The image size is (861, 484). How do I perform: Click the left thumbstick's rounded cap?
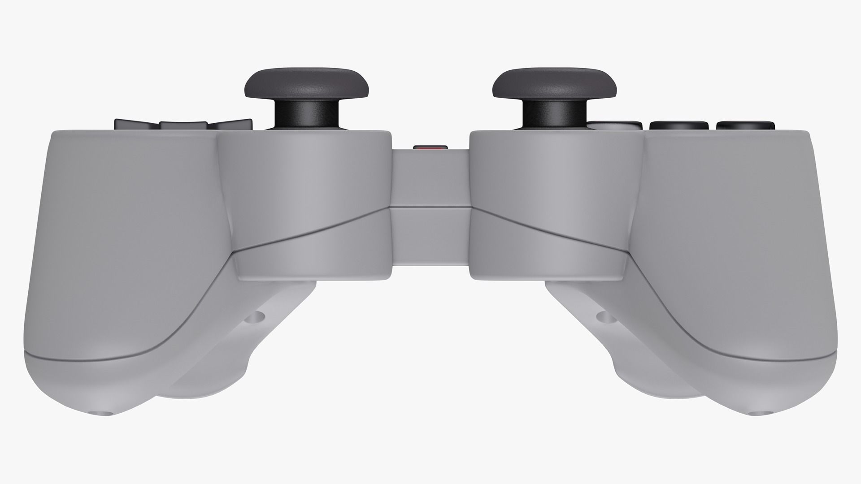(307, 83)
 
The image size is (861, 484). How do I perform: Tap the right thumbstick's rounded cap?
(554, 83)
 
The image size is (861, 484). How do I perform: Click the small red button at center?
(430, 147)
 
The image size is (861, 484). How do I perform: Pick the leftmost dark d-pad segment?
(135, 124)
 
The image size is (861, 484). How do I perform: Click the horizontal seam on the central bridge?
(430, 207)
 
